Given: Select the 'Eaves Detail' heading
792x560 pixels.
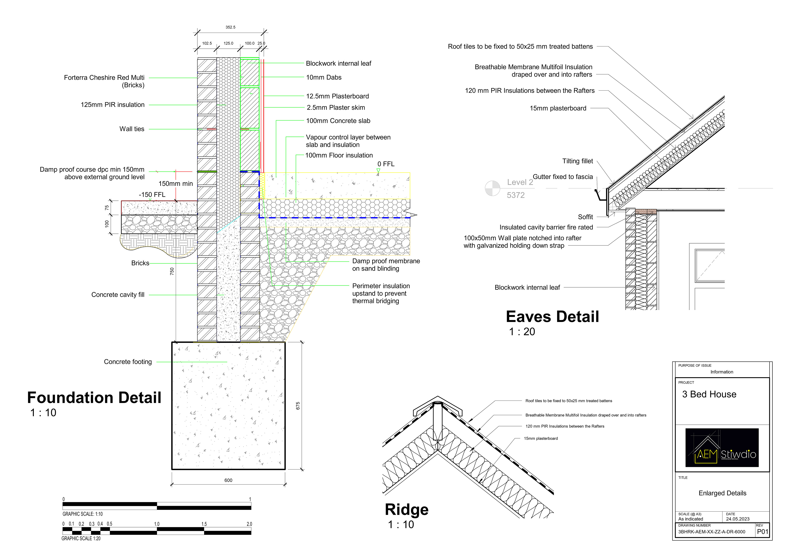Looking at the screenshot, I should (x=552, y=317).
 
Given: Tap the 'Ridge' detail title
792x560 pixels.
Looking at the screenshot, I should (x=406, y=510).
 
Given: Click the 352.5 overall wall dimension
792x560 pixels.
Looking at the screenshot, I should (x=230, y=27).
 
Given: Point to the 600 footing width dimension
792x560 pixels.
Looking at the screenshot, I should (x=228, y=480).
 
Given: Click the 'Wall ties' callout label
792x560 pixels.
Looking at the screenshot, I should (x=132, y=129).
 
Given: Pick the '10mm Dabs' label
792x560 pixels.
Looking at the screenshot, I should (x=324, y=78).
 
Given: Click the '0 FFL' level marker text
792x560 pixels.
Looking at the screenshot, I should (x=386, y=164).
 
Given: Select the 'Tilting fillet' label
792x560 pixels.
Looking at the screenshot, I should (x=577, y=161).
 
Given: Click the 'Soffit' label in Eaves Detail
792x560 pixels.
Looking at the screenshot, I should (x=585, y=217).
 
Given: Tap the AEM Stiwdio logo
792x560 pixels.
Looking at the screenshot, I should (x=722, y=448).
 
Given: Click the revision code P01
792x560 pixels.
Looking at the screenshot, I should (x=762, y=532).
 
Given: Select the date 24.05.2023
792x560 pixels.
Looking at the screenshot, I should (x=738, y=519).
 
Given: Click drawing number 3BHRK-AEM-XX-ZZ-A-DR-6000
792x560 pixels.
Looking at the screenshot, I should (x=712, y=532).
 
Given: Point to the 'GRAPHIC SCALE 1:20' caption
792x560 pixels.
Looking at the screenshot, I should (x=81, y=539).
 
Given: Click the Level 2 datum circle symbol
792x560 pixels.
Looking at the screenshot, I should (x=492, y=188).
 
